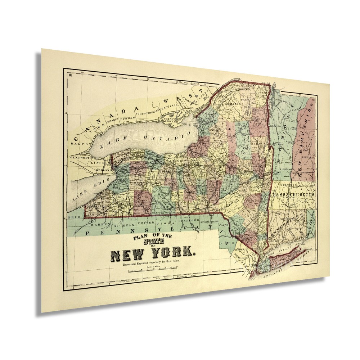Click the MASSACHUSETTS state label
(293, 194)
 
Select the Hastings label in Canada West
(170, 106)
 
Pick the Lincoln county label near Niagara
(98, 163)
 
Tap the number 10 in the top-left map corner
(71, 75)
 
